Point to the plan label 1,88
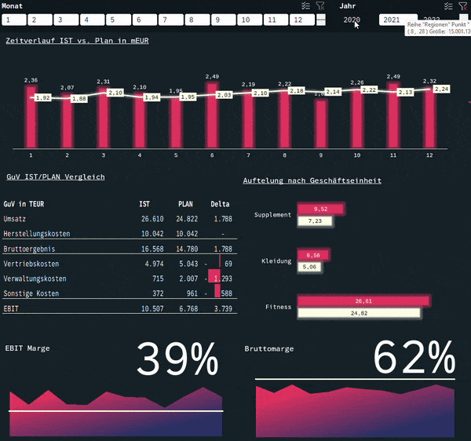(x=79, y=98)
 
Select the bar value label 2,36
(x=31, y=80)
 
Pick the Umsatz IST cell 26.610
(x=152, y=219)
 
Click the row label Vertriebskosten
(x=31, y=264)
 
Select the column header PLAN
(x=185, y=203)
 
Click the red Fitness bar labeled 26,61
(x=363, y=301)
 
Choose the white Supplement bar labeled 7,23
(x=315, y=221)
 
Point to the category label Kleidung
(x=276, y=261)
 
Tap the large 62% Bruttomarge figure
(x=414, y=359)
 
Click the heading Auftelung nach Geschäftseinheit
(x=312, y=180)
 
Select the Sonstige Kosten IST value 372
(x=156, y=293)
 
